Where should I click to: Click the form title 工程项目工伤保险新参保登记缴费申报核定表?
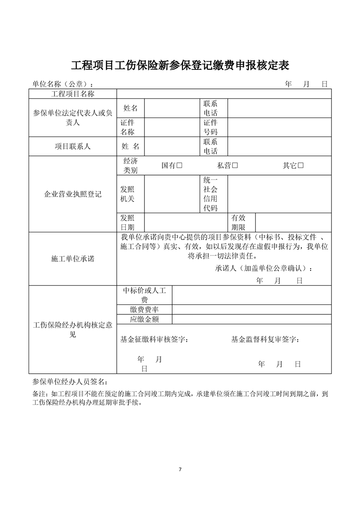[180, 65]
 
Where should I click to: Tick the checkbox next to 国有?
[179, 166]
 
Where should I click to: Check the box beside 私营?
[235, 166]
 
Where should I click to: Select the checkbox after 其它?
[301, 166]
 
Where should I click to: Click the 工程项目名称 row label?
[73, 93]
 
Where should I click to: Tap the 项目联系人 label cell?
[73, 147]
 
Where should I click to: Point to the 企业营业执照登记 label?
[73, 194]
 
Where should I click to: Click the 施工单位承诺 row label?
[73, 259]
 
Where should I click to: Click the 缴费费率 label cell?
[144, 309]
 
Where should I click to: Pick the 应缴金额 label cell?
[144, 319]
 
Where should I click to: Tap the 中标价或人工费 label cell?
[144, 295]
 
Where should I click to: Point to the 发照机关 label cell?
[127, 194]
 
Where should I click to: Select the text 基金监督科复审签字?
[265, 339]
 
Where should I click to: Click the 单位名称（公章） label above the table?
[64, 84]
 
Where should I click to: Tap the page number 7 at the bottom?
[180, 469]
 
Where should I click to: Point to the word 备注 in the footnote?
[39, 394]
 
